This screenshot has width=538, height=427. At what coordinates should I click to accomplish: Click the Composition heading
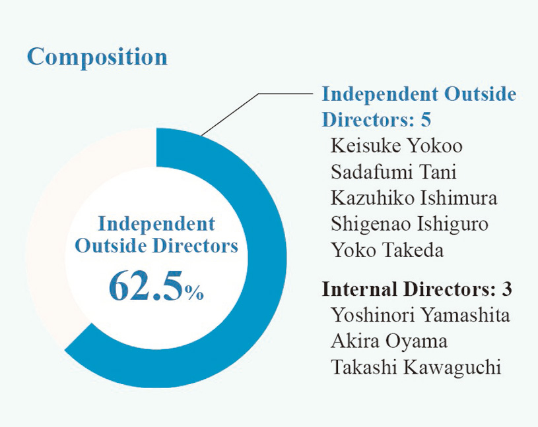point(97,57)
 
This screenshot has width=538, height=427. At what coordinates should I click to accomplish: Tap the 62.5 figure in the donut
point(146,286)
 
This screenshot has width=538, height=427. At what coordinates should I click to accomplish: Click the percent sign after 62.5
point(194,293)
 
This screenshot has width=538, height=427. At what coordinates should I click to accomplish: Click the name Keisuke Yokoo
point(396,146)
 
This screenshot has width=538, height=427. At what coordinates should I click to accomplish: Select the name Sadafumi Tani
point(393,172)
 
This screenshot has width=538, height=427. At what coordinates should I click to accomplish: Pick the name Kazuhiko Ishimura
point(414,198)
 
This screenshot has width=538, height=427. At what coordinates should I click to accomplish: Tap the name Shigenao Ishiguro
point(409,225)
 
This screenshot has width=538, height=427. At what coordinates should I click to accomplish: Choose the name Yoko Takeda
point(387,250)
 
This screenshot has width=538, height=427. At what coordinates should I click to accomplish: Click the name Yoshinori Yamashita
point(420,315)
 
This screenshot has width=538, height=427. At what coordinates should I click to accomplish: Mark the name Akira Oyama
point(389,341)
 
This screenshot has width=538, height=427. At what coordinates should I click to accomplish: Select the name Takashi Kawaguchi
point(416,367)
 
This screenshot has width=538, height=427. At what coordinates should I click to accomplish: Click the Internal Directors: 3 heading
point(417,289)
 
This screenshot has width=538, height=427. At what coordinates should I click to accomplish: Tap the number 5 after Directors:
point(426,120)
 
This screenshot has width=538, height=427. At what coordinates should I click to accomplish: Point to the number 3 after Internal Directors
point(507,289)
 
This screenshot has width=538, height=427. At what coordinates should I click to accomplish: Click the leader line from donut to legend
point(257,115)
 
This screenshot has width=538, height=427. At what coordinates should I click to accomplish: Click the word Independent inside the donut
point(156,224)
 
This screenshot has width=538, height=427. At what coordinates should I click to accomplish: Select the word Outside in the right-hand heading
point(481,94)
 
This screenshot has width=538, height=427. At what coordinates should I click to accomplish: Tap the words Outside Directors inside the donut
point(156,246)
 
